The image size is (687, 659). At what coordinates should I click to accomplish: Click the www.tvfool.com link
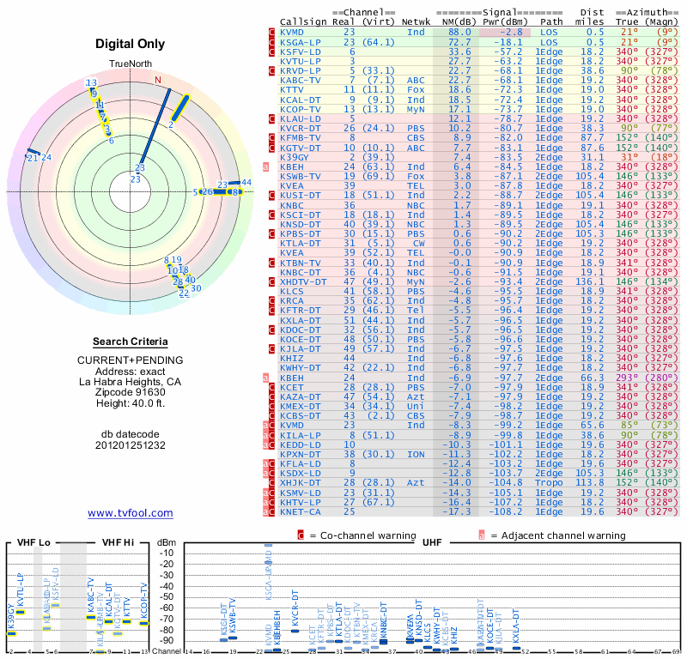tap(130, 513)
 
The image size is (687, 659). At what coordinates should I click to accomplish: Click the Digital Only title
tap(131, 44)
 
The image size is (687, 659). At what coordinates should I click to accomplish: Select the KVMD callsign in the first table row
tap(292, 32)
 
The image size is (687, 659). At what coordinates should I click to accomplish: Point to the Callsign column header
tap(303, 21)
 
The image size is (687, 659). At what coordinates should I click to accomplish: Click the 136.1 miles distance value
tap(590, 281)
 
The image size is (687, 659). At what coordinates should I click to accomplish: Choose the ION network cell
tap(416, 454)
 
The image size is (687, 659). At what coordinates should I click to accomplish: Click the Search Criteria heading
tap(131, 342)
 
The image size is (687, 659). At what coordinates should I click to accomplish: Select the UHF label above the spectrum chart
tap(432, 542)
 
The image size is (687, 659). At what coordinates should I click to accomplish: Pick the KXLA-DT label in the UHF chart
tap(516, 626)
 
